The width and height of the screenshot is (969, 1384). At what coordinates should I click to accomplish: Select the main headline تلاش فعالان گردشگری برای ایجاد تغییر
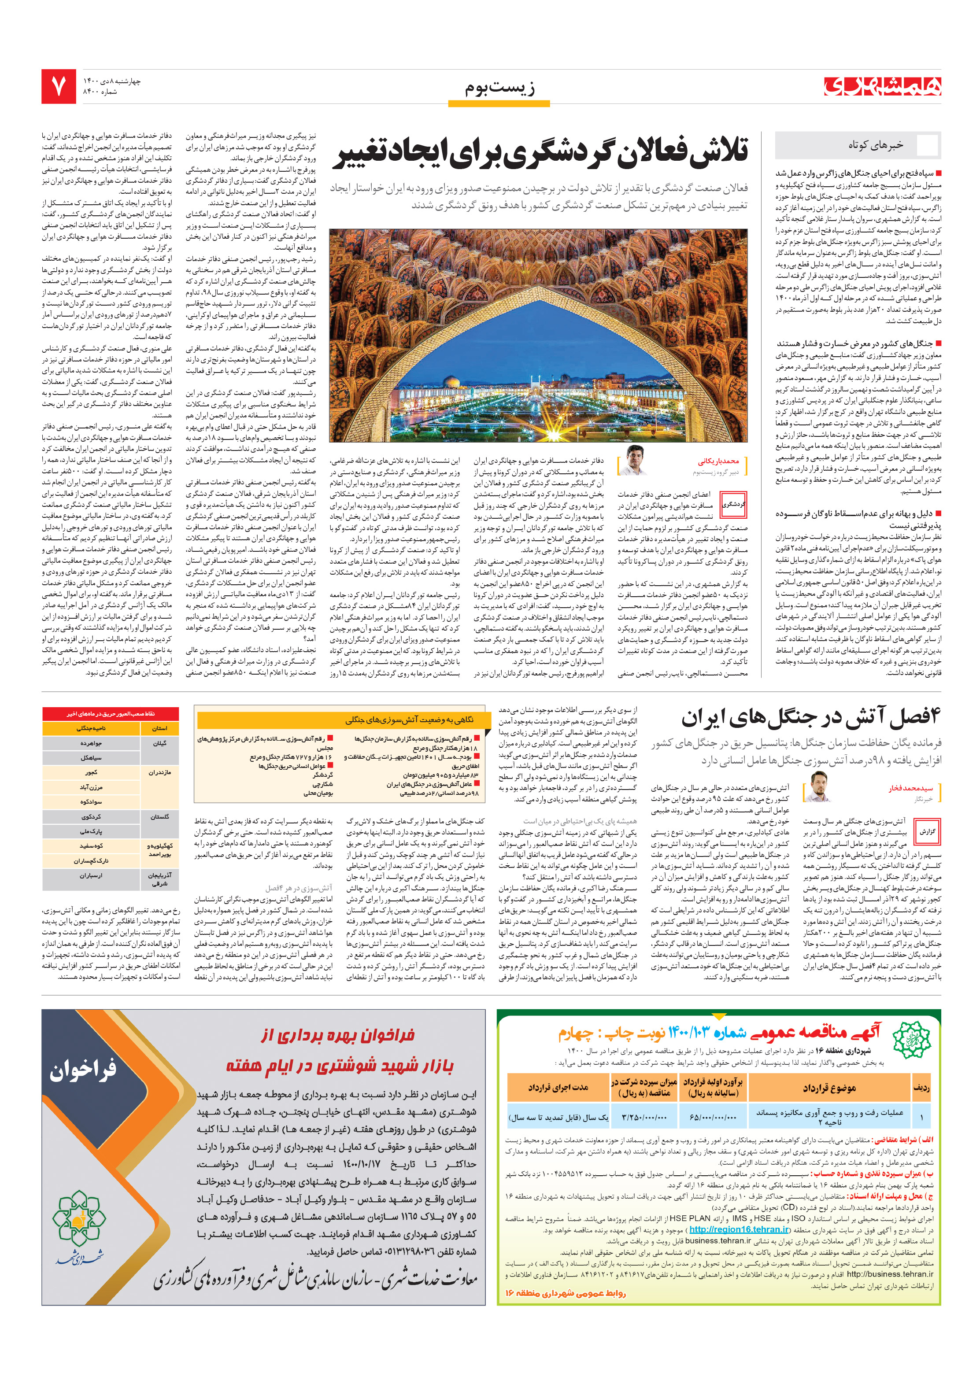click(541, 152)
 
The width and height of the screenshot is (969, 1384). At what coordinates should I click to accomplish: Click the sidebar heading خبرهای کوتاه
click(875, 145)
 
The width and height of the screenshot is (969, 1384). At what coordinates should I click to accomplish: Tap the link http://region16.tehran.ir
click(739, 1230)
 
